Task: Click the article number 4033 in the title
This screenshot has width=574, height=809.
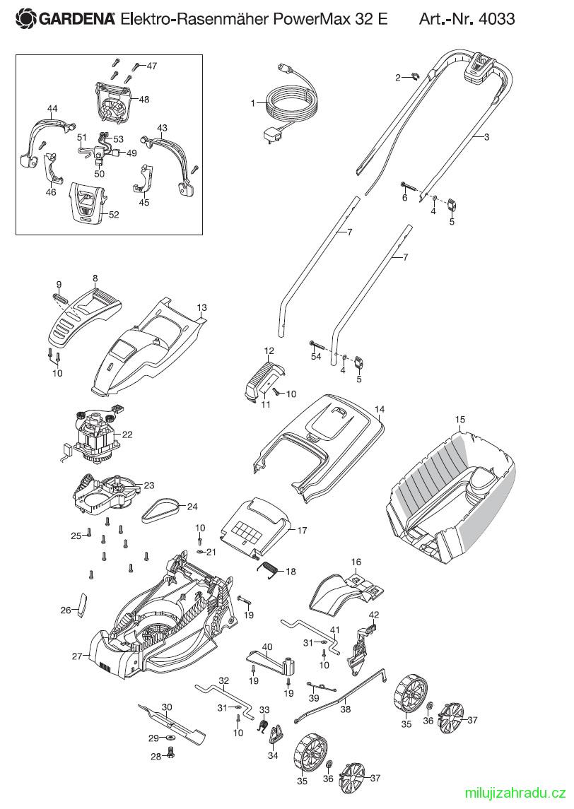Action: [496, 19]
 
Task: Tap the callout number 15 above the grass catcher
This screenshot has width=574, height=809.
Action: [460, 420]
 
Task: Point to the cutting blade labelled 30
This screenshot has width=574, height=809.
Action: [171, 722]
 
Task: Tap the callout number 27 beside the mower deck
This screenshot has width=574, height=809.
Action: [78, 656]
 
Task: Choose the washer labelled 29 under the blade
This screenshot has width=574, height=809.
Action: [170, 738]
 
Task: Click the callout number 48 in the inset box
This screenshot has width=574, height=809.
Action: [144, 99]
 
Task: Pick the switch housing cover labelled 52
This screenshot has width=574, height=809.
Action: [87, 202]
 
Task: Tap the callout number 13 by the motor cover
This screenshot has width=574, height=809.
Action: [201, 307]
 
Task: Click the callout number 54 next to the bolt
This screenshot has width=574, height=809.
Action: [316, 357]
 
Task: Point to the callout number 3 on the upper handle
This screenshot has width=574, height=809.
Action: [486, 137]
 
